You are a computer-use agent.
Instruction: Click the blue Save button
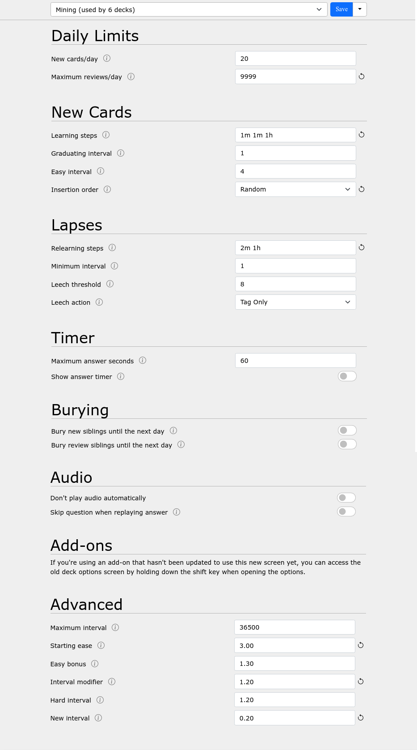[341, 9]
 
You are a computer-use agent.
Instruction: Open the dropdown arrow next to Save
[360, 9]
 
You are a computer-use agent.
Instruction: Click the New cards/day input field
[295, 59]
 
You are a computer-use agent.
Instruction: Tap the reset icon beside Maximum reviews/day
[362, 77]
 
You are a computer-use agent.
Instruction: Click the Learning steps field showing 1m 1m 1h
[295, 135]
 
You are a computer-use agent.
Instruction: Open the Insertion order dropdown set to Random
[295, 189]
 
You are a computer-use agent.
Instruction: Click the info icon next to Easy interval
[101, 171]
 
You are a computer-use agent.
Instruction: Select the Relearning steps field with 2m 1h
[295, 248]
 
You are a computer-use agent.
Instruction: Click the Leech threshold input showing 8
[295, 284]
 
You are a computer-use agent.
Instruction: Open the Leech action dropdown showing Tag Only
[295, 302]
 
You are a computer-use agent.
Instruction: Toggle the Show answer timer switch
[347, 376]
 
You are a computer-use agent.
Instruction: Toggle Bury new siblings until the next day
[347, 430]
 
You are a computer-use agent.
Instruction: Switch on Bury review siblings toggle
[347, 444]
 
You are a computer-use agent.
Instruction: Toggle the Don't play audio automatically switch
[346, 498]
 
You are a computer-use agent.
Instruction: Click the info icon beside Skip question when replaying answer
[177, 512]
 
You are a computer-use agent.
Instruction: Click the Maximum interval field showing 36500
[294, 627]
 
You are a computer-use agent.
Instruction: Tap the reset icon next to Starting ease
[361, 645]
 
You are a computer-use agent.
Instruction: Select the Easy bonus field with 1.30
[294, 664]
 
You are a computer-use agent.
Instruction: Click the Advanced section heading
[86, 605]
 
